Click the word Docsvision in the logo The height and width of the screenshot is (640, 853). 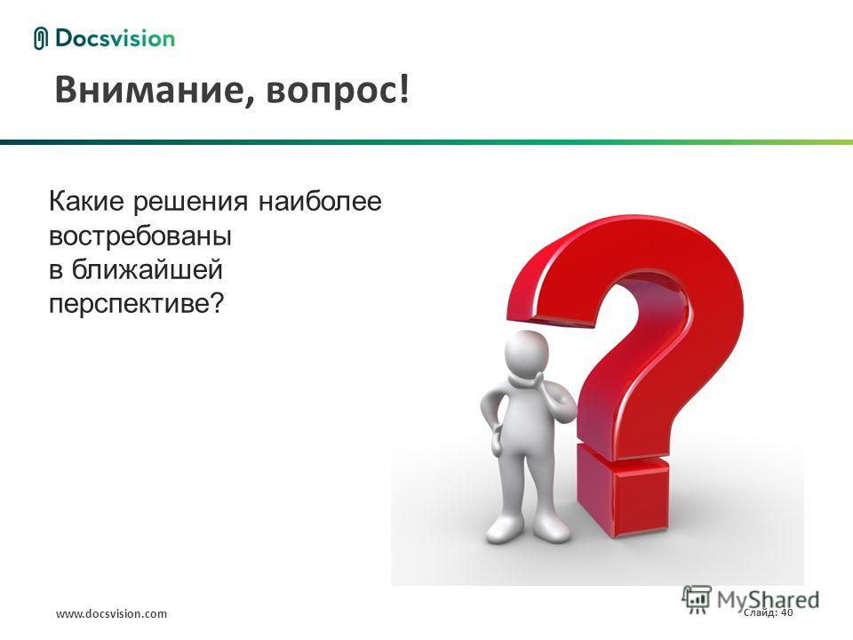pos(115,38)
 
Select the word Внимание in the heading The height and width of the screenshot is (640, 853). pos(147,91)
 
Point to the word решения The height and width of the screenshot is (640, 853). pos(191,204)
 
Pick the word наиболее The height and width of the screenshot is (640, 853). pos(320,201)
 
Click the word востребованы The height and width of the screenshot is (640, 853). pos(140,237)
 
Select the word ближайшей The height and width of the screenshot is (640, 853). pos(147,269)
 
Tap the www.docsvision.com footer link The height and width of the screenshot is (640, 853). pos(112,614)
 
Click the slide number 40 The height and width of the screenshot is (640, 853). pos(786,612)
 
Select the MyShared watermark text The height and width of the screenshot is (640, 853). pos(768,600)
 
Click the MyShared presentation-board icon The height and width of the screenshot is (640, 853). pos(697,600)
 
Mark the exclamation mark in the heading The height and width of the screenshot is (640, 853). pos(403,89)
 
